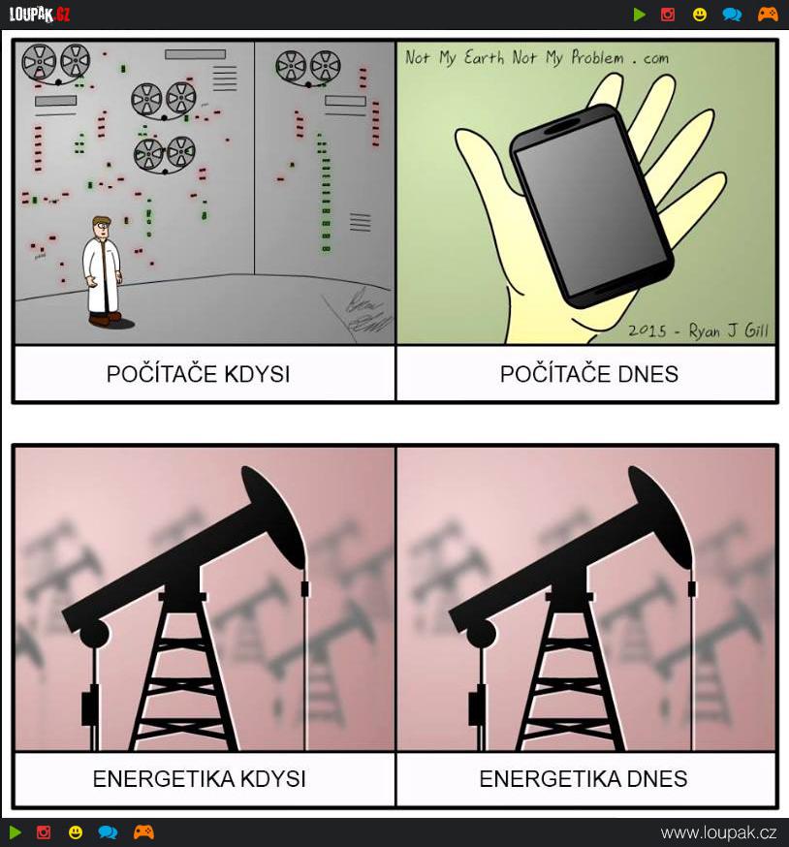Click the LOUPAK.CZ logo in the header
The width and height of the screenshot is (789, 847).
click(x=40, y=14)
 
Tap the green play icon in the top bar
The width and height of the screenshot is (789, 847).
click(x=640, y=14)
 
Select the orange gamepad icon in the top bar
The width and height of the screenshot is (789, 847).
click(x=768, y=14)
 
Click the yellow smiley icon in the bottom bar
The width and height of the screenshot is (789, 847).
click(x=75, y=831)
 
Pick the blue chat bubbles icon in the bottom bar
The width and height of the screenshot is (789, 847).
click(x=109, y=831)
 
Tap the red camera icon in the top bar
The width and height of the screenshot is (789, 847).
click(x=668, y=14)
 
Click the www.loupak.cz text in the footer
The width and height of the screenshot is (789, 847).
click(x=719, y=832)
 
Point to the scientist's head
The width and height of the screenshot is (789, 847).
click(x=101, y=227)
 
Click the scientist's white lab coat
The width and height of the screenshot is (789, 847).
click(x=101, y=274)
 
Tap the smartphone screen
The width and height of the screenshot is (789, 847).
click(x=591, y=204)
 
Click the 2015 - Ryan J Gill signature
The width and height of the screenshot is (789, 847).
click(x=698, y=330)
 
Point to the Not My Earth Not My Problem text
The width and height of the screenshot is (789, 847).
click(x=537, y=57)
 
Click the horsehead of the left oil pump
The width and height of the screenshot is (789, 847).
click(x=273, y=516)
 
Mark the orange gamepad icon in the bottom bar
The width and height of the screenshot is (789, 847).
click(x=143, y=831)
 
